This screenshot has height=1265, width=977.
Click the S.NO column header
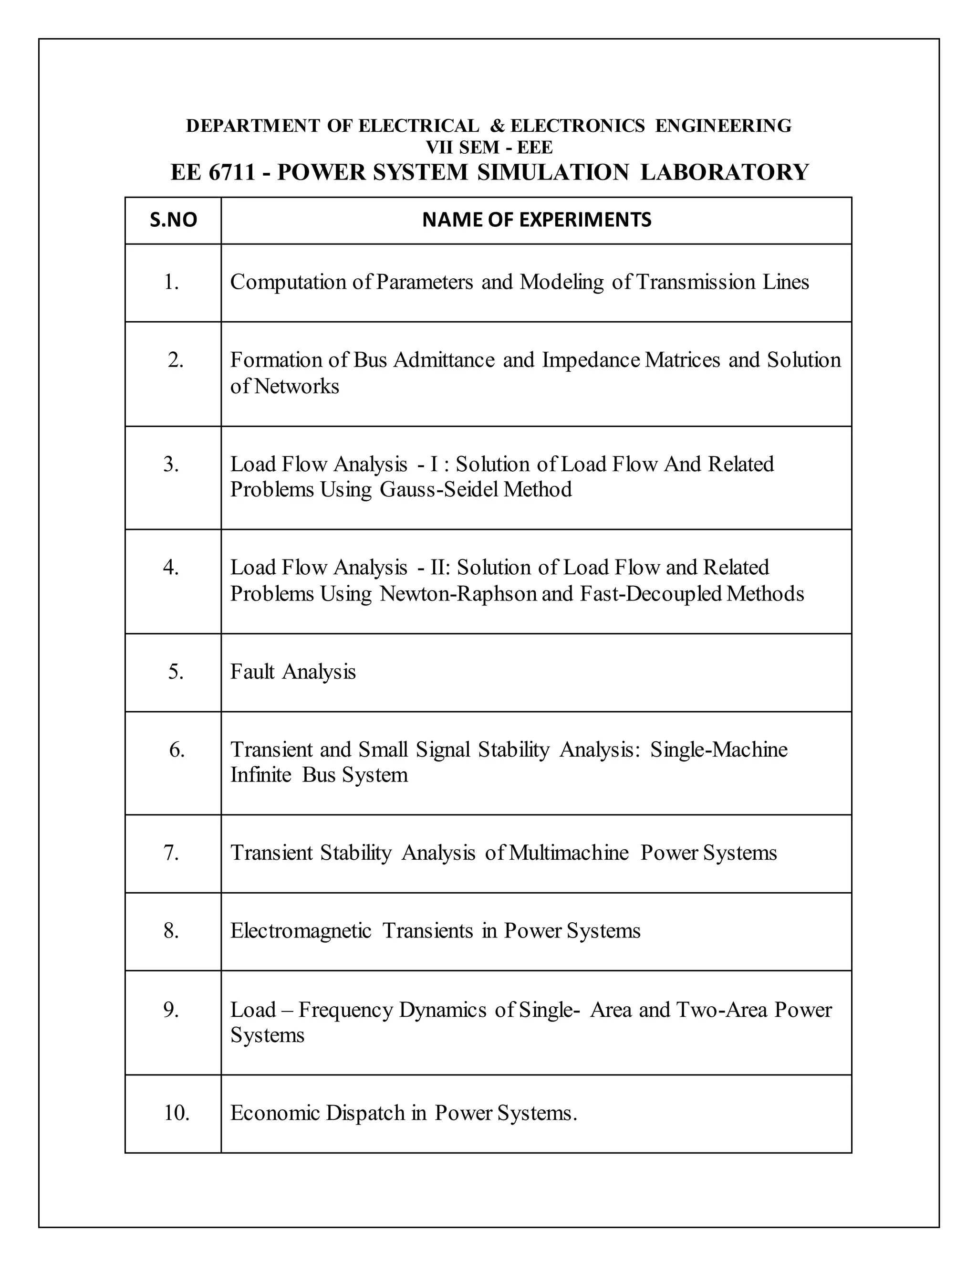(173, 220)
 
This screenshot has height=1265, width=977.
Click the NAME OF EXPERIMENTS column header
(537, 220)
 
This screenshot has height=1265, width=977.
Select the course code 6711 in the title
(231, 173)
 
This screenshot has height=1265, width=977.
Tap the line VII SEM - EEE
(489, 148)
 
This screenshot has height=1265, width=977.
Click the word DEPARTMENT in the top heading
(252, 126)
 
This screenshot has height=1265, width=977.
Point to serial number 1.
(171, 282)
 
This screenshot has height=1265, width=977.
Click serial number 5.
(176, 672)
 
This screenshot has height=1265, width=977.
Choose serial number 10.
(177, 1113)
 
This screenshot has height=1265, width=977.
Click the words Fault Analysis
(293, 672)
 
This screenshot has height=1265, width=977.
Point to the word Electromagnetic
(301, 931)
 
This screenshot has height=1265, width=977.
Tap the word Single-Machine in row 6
(719, 749)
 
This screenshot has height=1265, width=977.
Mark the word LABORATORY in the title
(724, 173)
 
